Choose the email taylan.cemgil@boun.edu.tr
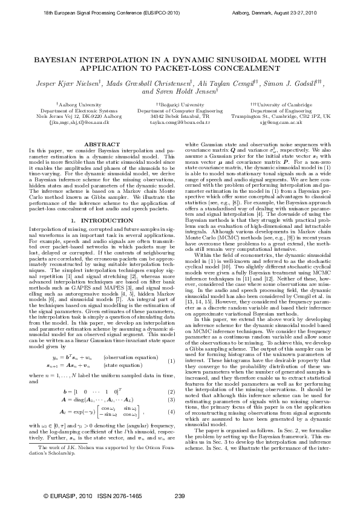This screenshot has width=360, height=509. click(x=179, y=122)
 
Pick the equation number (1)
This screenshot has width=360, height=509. click(x=171, y=345)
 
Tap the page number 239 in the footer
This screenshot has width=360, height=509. click(x=179, y=496)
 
